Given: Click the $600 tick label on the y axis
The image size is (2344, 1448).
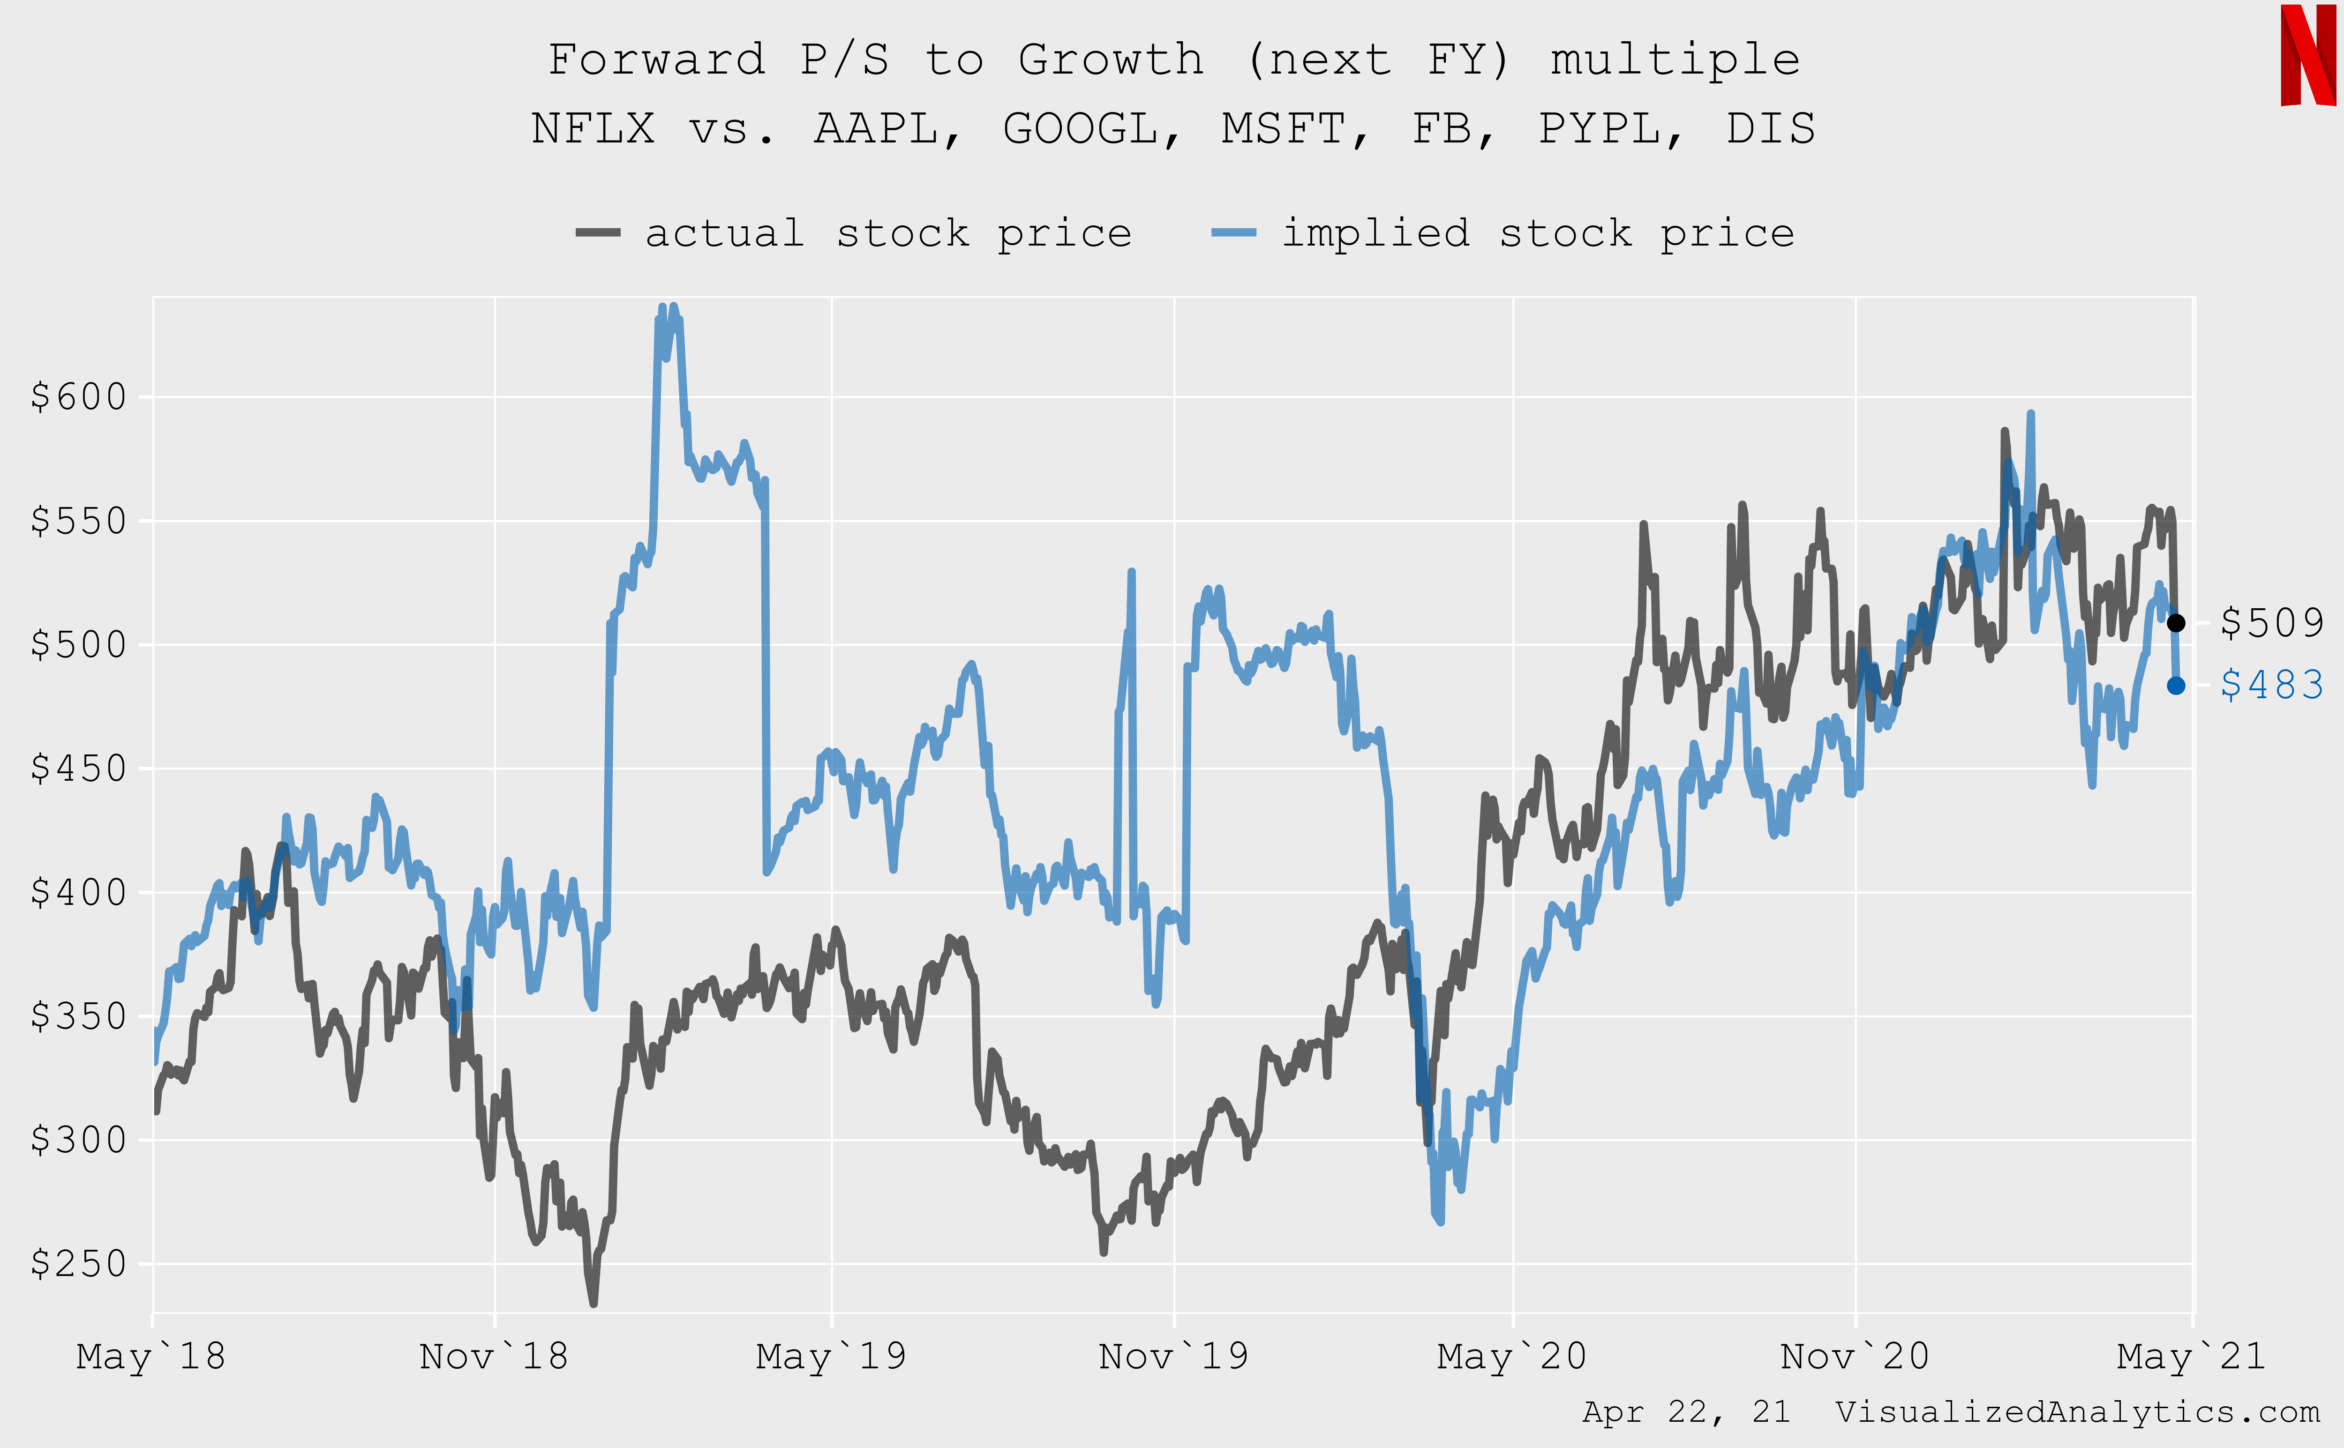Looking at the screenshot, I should point(79,396).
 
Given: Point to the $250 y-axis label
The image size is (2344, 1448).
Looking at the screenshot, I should point(79,1264).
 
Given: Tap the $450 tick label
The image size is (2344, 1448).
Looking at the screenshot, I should point(79,768).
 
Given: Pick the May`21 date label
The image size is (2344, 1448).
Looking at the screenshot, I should point(2192,1356).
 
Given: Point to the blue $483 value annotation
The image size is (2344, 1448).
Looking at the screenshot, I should point(2271,686).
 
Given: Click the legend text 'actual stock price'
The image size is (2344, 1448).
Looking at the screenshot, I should point(888,234).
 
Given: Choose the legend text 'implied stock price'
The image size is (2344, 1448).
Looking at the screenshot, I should point(1539,234).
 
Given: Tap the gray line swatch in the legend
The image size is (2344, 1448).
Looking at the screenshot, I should point(598,234).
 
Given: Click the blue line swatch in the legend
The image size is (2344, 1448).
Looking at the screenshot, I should point(1234,234).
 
